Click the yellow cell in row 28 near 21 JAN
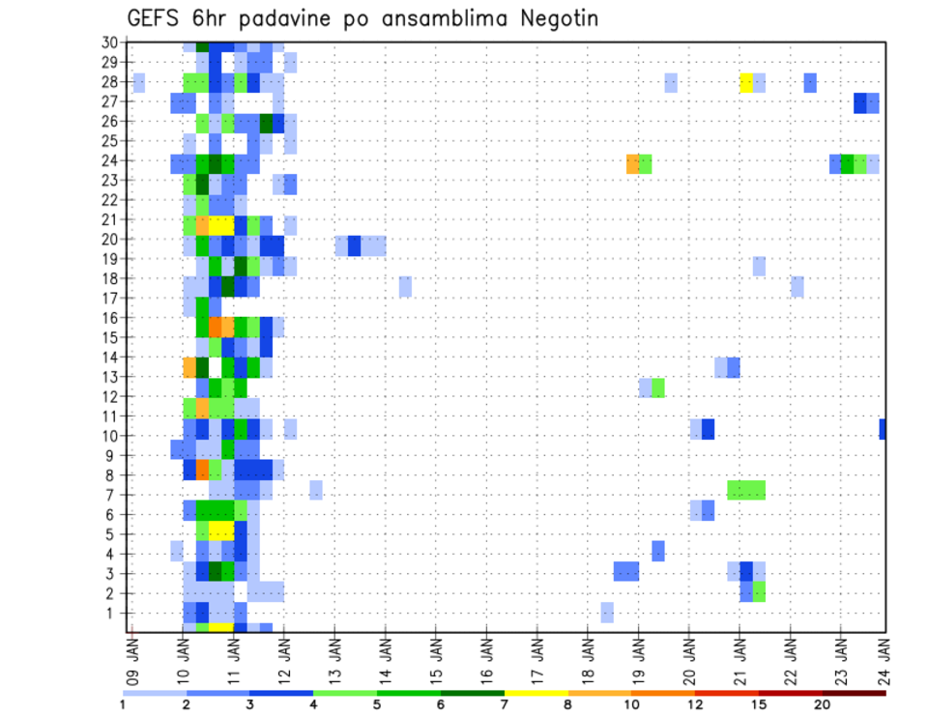[x=746, y=82]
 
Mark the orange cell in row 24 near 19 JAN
[x=632, y=163]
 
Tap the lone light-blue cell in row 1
[x=607, y=613]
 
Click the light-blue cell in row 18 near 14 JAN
[x=405, y=286]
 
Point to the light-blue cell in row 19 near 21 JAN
[x=759, y=266]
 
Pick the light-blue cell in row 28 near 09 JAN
[x=139, y=82]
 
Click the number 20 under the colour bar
[x=822, y=705]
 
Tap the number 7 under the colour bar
[x=505, y=705]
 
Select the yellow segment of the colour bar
[x=536, y=693]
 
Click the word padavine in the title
[x=333, y=19]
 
